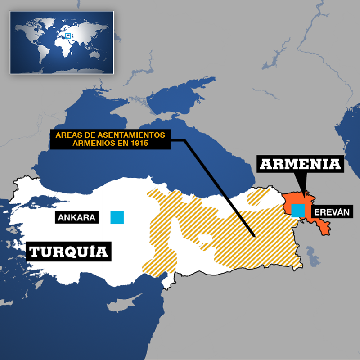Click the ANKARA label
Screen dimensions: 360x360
(x=76, y=218)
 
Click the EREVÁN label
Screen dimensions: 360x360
(x=332, y=212)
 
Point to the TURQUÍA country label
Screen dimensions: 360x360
(x=68, y=251)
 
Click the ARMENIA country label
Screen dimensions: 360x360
(x=301, y=164)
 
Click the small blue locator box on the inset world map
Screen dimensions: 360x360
(x=68, y=36)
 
